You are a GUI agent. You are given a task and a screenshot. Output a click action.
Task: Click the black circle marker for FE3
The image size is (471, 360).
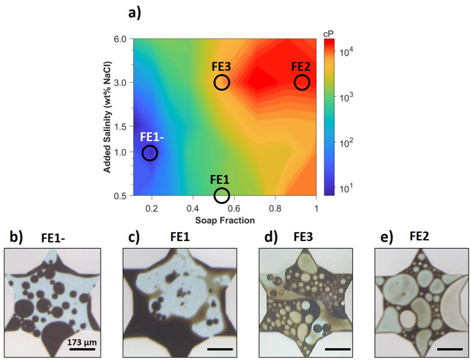(221, 82)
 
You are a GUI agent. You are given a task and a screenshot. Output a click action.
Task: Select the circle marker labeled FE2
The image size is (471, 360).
(302, 82)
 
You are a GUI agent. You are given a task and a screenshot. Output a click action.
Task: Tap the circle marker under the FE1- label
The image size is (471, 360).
(150, 153)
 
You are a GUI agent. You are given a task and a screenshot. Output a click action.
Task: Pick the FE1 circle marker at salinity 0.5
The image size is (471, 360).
(221, 195)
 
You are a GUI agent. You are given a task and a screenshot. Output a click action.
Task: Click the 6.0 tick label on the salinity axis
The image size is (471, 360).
(121, 39)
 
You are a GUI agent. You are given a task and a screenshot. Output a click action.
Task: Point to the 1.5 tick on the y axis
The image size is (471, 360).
(121, 126)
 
